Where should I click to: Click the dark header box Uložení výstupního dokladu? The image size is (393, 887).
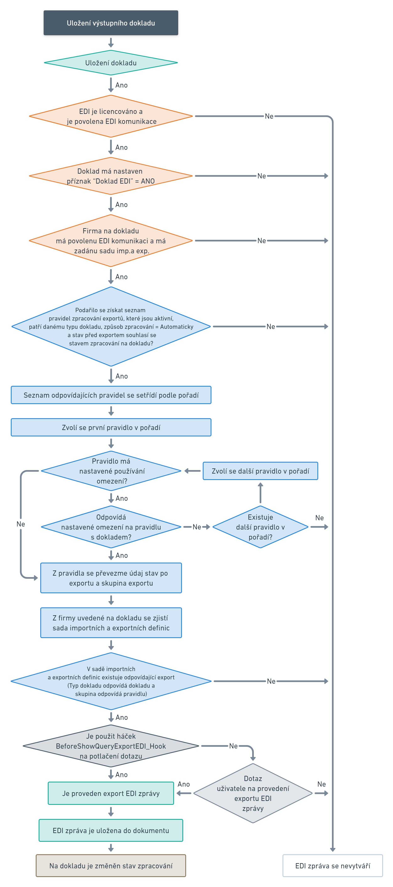pos(111,23)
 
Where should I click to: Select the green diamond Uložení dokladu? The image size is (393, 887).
pos(111,63)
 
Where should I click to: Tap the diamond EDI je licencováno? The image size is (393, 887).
pos(111,116)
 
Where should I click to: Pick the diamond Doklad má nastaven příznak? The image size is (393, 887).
pos(111,176)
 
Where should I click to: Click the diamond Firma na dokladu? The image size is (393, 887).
pos(111,241)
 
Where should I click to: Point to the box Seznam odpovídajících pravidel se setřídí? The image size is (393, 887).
pos(111,395)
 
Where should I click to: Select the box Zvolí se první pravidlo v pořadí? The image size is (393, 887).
pos(111,427)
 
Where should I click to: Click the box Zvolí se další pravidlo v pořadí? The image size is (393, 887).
pos(260,471)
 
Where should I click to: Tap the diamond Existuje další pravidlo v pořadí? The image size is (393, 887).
pos(260,527)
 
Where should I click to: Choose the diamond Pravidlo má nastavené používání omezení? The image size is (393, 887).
pos(111,471)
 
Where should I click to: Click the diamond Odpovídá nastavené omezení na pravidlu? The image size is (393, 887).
pos(111,527)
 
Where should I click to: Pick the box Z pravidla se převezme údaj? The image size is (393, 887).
pos(111,578)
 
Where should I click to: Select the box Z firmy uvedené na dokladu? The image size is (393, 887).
pos(111,623)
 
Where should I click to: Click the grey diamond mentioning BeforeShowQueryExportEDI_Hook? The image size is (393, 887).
pos(111,746)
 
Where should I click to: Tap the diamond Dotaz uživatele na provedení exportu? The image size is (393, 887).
pos(253,793)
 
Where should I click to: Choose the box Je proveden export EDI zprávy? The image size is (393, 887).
pos(111,793)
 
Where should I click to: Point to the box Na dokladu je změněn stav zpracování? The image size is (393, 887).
pos(111,865)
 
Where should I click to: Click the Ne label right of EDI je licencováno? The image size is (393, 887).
pos(269,116)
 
